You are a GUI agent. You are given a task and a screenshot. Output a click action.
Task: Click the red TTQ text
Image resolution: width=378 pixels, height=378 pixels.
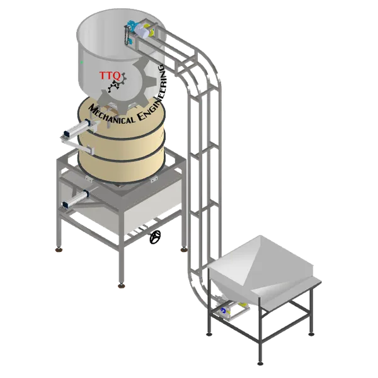110,76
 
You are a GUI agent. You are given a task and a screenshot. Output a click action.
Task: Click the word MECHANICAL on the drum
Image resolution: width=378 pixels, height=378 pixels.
111,115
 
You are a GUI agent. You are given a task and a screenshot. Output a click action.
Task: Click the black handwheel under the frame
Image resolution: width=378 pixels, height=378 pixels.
155,237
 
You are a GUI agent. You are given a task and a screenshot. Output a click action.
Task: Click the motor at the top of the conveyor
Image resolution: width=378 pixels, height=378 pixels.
142,31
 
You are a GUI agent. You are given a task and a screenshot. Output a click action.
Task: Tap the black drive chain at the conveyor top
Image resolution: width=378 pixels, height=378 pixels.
127,36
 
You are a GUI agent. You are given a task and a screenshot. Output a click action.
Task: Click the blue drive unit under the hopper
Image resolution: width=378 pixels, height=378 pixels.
224,311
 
